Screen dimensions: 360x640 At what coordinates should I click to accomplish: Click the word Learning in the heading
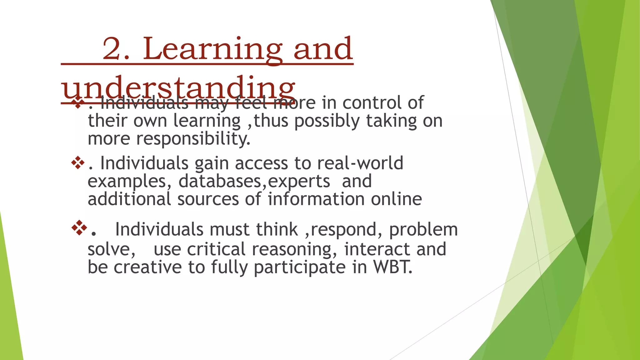coord(212,49)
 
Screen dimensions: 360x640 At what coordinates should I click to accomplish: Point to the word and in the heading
coord(323,49)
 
